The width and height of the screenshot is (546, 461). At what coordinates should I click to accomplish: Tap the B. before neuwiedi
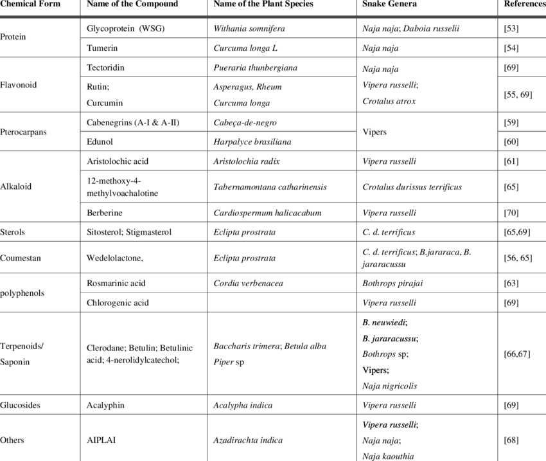[x=365, y=322]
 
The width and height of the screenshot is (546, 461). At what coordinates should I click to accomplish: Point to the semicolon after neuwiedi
[x=407, y=323]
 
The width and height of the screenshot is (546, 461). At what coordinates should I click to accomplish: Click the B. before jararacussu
[x=365, y=338]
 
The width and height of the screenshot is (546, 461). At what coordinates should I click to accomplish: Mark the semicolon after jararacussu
[x=418, y=339]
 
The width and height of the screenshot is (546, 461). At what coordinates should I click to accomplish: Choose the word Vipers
[x=374, y=370]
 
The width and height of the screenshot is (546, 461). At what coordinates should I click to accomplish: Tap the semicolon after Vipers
[x=388, y=371]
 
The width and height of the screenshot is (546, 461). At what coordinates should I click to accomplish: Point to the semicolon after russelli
[x=418, y=425]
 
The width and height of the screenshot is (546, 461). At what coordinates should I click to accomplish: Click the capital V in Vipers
[x=365, y=370]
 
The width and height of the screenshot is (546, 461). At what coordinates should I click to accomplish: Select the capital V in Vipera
[x=365, y=424]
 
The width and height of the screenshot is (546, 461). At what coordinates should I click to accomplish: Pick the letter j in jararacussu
[x=373, y=339]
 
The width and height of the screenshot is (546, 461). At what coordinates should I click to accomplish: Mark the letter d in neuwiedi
[x=401, y=322]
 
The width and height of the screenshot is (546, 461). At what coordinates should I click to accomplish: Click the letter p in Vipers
[x=373, y=371]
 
